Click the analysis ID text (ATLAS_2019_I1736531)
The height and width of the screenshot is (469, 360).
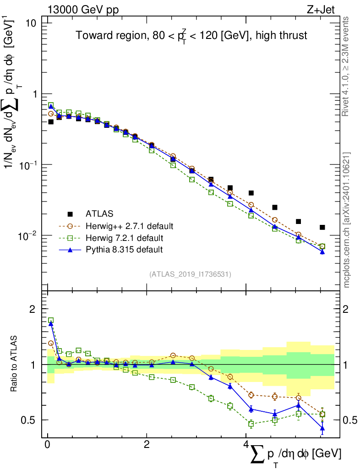(x=190, y=274)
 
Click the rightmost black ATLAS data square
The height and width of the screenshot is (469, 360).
(x=322, y=227)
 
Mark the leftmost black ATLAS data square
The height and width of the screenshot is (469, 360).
(x=51, y=122)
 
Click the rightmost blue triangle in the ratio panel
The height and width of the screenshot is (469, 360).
(x=322, y=429)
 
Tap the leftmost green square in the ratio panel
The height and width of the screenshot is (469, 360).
(x=51, y=321)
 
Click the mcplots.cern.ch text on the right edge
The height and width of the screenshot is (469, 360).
(x=347, y=220)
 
